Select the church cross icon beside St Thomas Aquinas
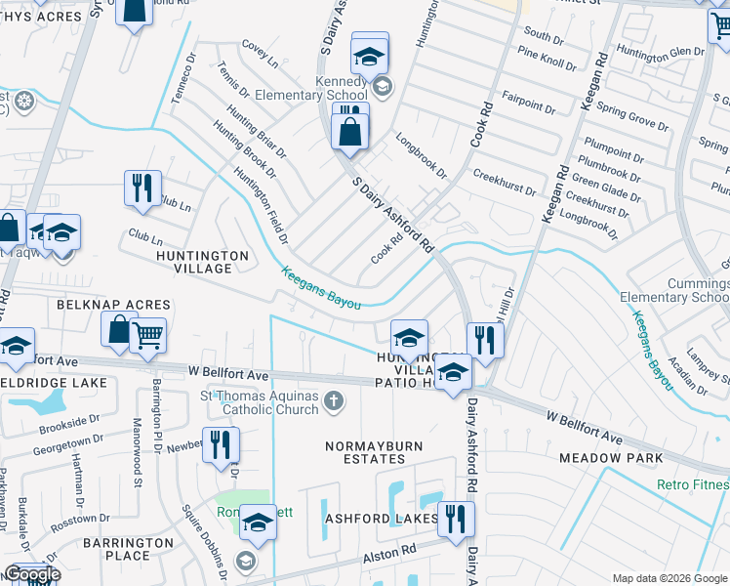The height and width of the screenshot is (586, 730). tap(334, 400)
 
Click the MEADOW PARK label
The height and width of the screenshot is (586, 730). tap(611, 457)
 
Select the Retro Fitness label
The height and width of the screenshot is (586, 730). tap(696, 484)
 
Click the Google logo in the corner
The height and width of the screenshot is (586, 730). tap(32, 574)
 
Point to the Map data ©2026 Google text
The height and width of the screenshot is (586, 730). tap(669, 578)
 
